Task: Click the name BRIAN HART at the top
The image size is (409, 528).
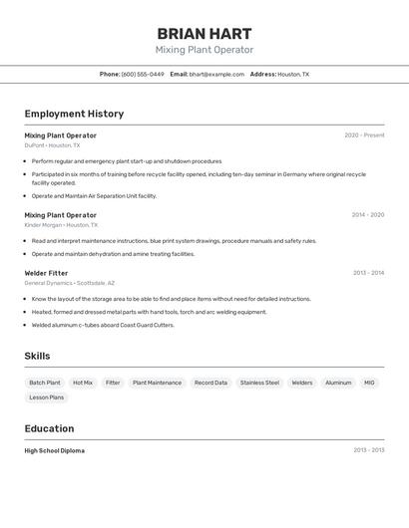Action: pyautogui.click(x=204, y=33)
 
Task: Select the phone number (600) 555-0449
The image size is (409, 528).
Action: pyautogui.click(x=143, y=74)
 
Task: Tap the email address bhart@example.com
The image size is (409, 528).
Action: pyautogui.click(x=216, y=74)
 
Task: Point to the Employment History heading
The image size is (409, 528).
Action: pyautogui.click(x=74, y=114)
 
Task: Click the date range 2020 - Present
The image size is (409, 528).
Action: pyautogui.click(x=364, y=135)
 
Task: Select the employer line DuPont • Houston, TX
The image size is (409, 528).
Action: pyautogui.click(x=53, y=145)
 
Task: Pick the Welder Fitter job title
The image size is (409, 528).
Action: pyautogui.click(x=47, y=273)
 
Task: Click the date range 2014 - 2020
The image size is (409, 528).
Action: pyautogui.click(x=367, y=215)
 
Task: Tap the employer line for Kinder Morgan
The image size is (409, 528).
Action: pyautogui.click(x=61, y=225)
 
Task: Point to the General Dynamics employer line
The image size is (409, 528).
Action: pyautogui.click(x=70, y=283)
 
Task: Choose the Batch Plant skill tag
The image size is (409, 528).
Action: pyautogui.click(x=45, y=383)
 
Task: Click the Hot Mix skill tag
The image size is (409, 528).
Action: pyautogui.click(x=83, y=383)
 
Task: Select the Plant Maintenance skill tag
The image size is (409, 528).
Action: pyautogui.click(x=158, y=383)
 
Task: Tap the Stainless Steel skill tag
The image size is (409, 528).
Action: pyautogui.click(x=259, y=383)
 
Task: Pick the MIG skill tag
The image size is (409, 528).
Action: pyautogui.click(x=369, y=383)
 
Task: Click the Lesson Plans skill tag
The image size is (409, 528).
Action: pyautogui.click(x=47, y=397)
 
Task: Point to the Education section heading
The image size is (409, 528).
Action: pyautogui.click(x=50, y=428)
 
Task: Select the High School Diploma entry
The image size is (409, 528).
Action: pyautogui.click(x=55, y=450)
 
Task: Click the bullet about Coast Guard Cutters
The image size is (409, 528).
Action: pyautogui.click(x=103, y=325)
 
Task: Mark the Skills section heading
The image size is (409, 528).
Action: pyautogui.click(x=38, y=356)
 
